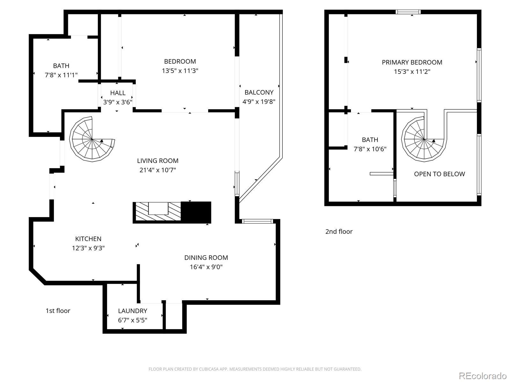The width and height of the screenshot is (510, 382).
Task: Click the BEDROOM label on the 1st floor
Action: point(180,61)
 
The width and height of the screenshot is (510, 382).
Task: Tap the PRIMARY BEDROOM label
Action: point(412,62)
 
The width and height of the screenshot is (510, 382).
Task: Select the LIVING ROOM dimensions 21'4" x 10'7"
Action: point(157,170)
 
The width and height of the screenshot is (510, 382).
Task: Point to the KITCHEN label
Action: point(88,239)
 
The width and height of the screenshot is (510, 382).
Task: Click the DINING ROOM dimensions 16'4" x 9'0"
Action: point(206,267)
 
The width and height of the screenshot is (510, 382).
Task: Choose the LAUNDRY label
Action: point(132,311)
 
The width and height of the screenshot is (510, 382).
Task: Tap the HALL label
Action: point(118,93)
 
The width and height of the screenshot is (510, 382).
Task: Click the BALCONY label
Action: point(259,92)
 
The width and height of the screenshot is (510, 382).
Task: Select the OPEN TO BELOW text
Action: point(439,174)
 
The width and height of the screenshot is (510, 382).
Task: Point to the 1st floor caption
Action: point(58,311)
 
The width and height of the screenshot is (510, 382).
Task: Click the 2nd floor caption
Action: point(339,231)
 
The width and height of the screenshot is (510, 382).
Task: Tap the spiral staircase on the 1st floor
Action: point(92,139)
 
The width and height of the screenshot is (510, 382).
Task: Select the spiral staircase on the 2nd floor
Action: point(424,139)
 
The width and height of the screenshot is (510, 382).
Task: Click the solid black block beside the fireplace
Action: point(196,212)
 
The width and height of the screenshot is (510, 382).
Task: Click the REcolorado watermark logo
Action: point(483,375)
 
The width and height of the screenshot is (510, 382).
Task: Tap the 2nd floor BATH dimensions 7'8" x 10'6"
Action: point(370,149)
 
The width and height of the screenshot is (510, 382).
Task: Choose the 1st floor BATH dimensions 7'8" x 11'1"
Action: point(61,75)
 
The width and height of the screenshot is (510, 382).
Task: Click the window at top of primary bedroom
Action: point(408,12)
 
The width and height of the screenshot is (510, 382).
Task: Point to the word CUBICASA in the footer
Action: point(208,369)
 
